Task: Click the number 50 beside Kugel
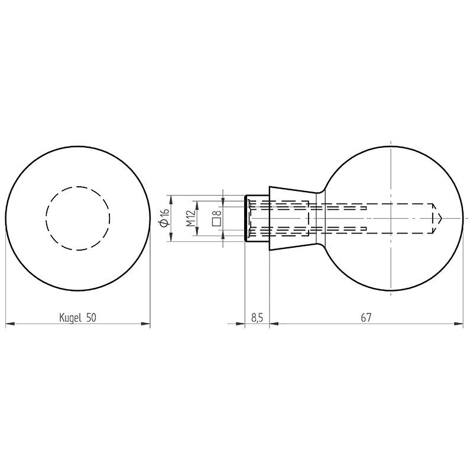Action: coord(91,318)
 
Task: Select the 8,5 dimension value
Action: coord(257,318)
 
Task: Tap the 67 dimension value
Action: coord(366,318)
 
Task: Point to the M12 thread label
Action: coord(190,218)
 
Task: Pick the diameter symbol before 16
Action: coord(165,223)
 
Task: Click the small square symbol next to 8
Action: coord(216,222)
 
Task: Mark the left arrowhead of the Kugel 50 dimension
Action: coord(10,324)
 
